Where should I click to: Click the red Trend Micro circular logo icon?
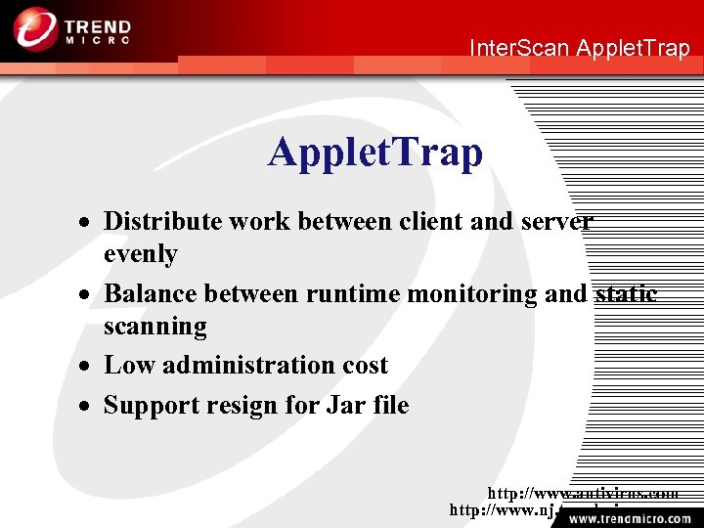(x=34, y=28)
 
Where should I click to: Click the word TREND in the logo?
(x=97, y=22)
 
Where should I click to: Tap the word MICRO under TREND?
(x=97, y=41)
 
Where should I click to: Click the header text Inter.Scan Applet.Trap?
(x=579, y=48)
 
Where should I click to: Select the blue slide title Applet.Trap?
(x=375, y=153)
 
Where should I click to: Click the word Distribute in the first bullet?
(x=163, y=222)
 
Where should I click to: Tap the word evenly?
(x=141, y=254)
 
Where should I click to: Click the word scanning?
(x=155, y=327)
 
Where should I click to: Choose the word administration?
(x=242, y=366)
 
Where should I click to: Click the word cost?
(x=364, y=366)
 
